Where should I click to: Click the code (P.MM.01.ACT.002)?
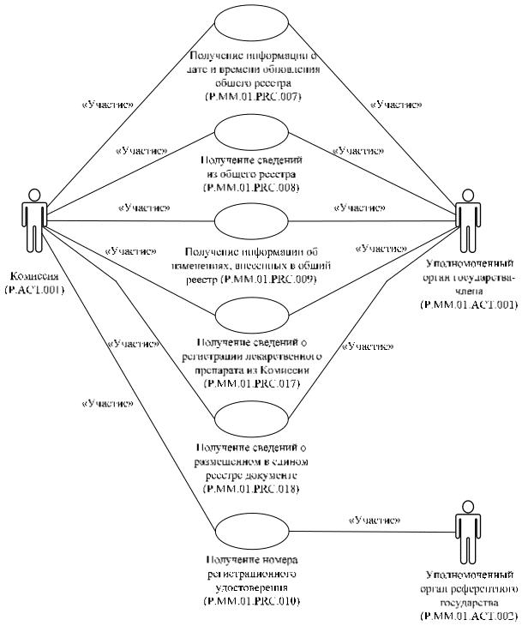471,617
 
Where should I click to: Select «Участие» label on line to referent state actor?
375,520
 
